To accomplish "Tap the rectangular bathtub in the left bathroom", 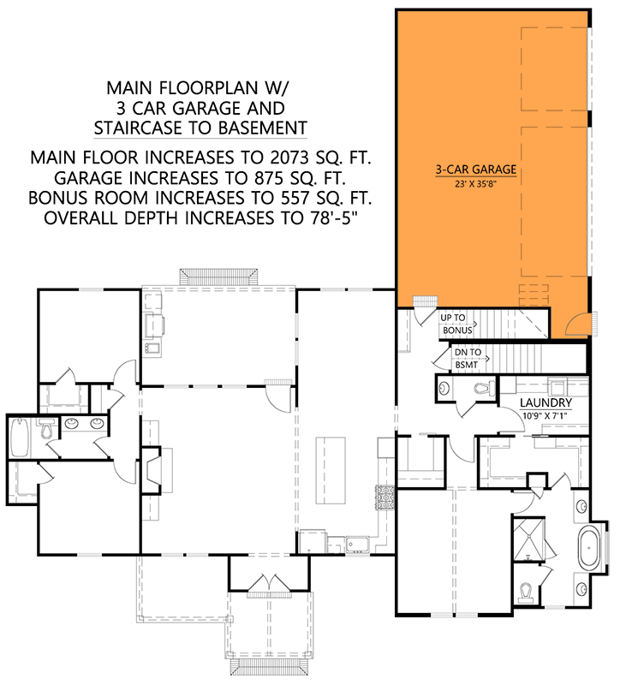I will pyautogui.click(x=20, y=438).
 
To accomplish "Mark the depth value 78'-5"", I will pyautogui.click(x=328, y=217).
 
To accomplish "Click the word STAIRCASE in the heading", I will pyautogui.click(x=146, y=128).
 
